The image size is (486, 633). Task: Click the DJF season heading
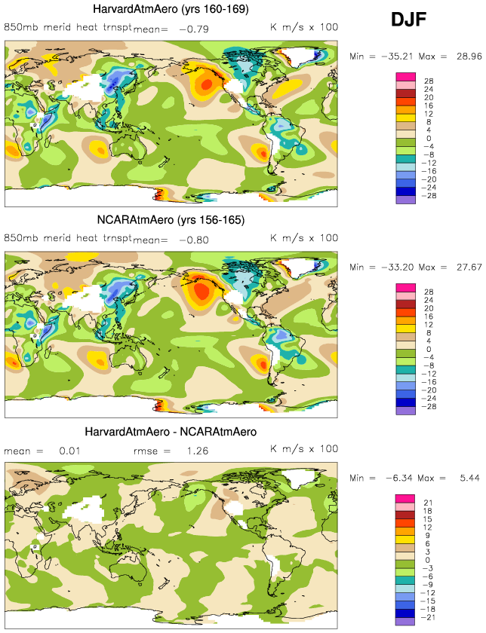(410, 21)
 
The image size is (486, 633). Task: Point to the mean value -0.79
(195, 29)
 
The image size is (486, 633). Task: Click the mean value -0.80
(195, 240)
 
